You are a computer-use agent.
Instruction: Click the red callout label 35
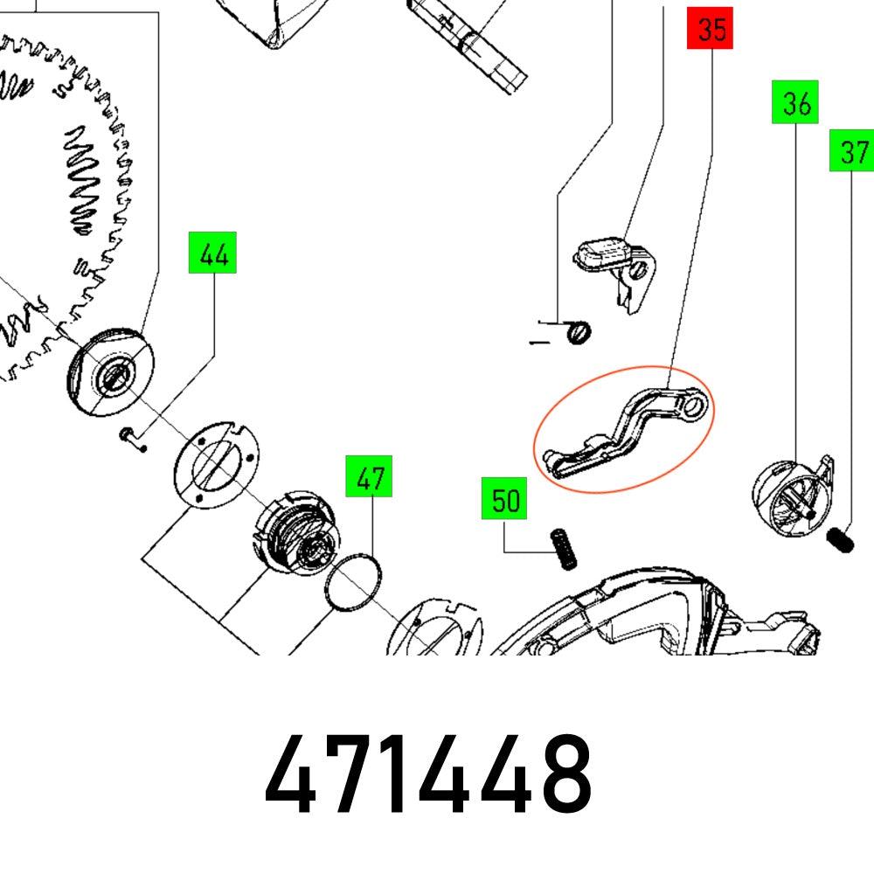pyautogui.click(x=711, y=31)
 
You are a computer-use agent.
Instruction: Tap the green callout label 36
pyautogui.click(x=795, y=103)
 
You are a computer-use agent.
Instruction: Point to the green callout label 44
pyautogui.click(x=213, y=254)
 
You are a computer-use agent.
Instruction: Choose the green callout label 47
pyautogui.click(x=369, y=477)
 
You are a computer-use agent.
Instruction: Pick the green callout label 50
pyautogui.click(x=504, y=500)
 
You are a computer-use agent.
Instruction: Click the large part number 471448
pyautogui.click(x=428, y=773)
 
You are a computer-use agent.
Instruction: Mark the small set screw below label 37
pyautogui.click(x=840, y=539)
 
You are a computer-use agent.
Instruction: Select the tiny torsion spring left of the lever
pyautogui.click(x=578, y=331)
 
